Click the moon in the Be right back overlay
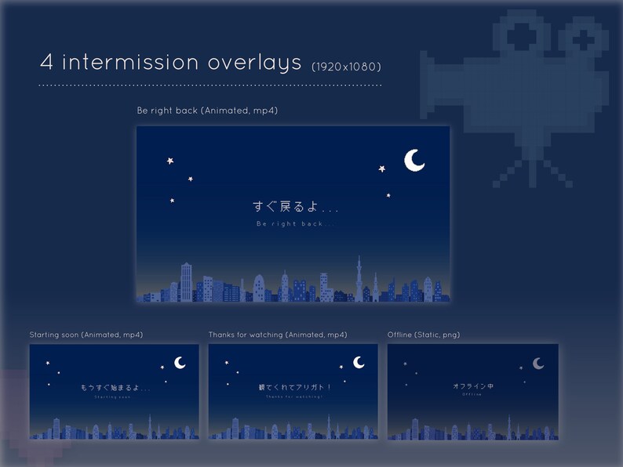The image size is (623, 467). (414, 160)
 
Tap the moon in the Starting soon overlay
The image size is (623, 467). (180, 362)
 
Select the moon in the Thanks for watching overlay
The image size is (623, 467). (359, 362)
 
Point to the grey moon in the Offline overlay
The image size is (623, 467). (538, 363)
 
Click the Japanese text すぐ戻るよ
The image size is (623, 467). (292, 207)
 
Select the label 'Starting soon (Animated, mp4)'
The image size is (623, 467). (86, 335)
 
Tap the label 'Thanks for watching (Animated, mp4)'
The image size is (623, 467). (278, 335)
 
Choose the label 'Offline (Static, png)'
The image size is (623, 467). (424, 335)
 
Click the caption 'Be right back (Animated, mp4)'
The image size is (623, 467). (207, 111)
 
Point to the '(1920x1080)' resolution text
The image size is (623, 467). (346, 65)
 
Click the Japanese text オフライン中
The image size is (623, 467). (472, 386)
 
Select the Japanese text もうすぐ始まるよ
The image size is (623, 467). (114, 387)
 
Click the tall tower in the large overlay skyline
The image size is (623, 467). (360, 278)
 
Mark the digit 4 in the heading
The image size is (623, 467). (46, 63)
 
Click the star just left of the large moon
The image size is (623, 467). (382, 168)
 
